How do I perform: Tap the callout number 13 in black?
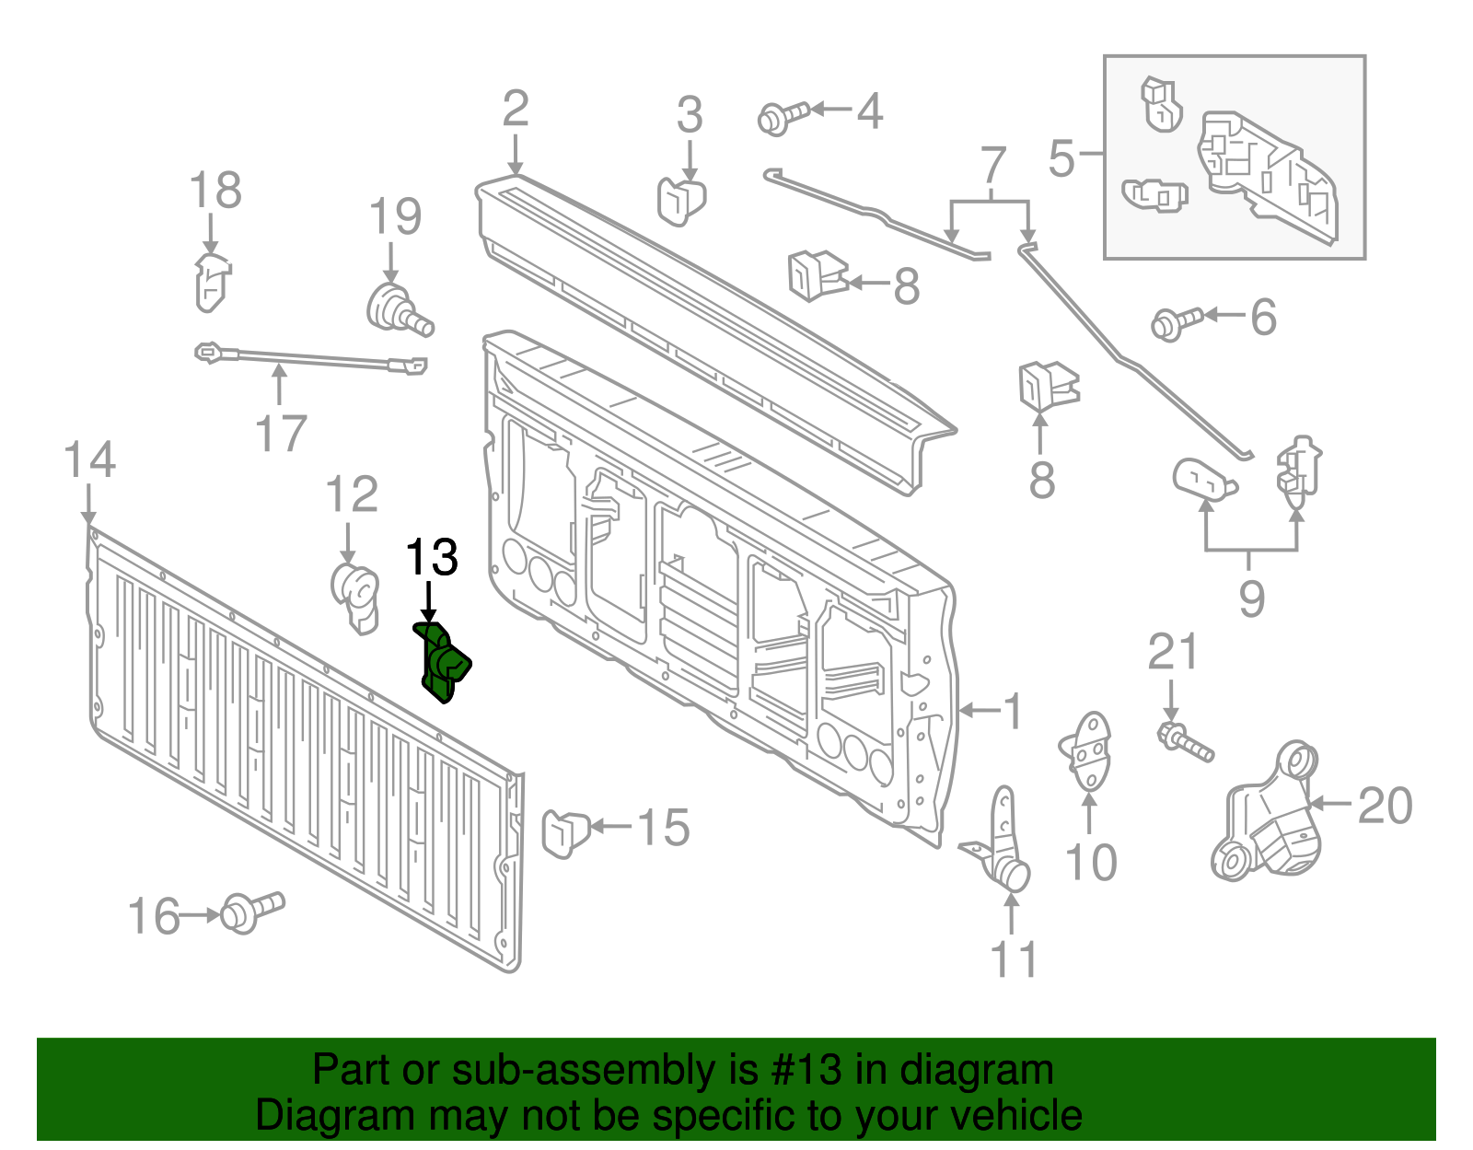[x=432, y=558]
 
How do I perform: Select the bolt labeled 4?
[x=782, y=117]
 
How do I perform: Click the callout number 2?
[x=516, y=109]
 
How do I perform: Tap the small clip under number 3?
[x=680, y=200]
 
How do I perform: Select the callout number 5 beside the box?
[x=1061, y=158]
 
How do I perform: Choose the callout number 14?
[x=89, y=459]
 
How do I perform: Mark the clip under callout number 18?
[x=212, y=281]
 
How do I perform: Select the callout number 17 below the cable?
[x=281, y=434]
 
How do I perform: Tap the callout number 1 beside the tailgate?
[x=1013, y=712]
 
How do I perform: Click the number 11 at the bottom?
[x=1014, y=959]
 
